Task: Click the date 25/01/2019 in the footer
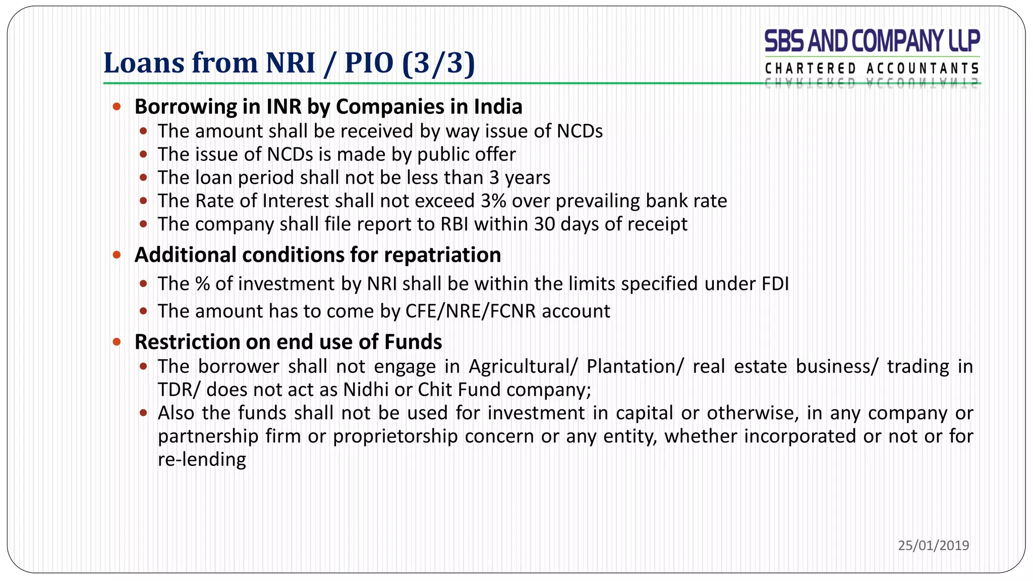[933, 545]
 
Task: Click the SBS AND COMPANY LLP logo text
[872, 41]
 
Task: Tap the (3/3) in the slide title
[439, 63]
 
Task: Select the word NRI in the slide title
[290, 63]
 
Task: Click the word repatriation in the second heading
[442, 255]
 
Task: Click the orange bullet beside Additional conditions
[117, 255]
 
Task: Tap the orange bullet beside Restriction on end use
[117, 342]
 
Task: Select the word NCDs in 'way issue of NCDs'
[580, 131]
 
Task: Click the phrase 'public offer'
[467, 154]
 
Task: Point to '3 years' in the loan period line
[520, 178]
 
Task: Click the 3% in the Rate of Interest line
[493, 201]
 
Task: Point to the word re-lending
[202, 459]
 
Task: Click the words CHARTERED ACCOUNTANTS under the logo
[872, 69]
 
